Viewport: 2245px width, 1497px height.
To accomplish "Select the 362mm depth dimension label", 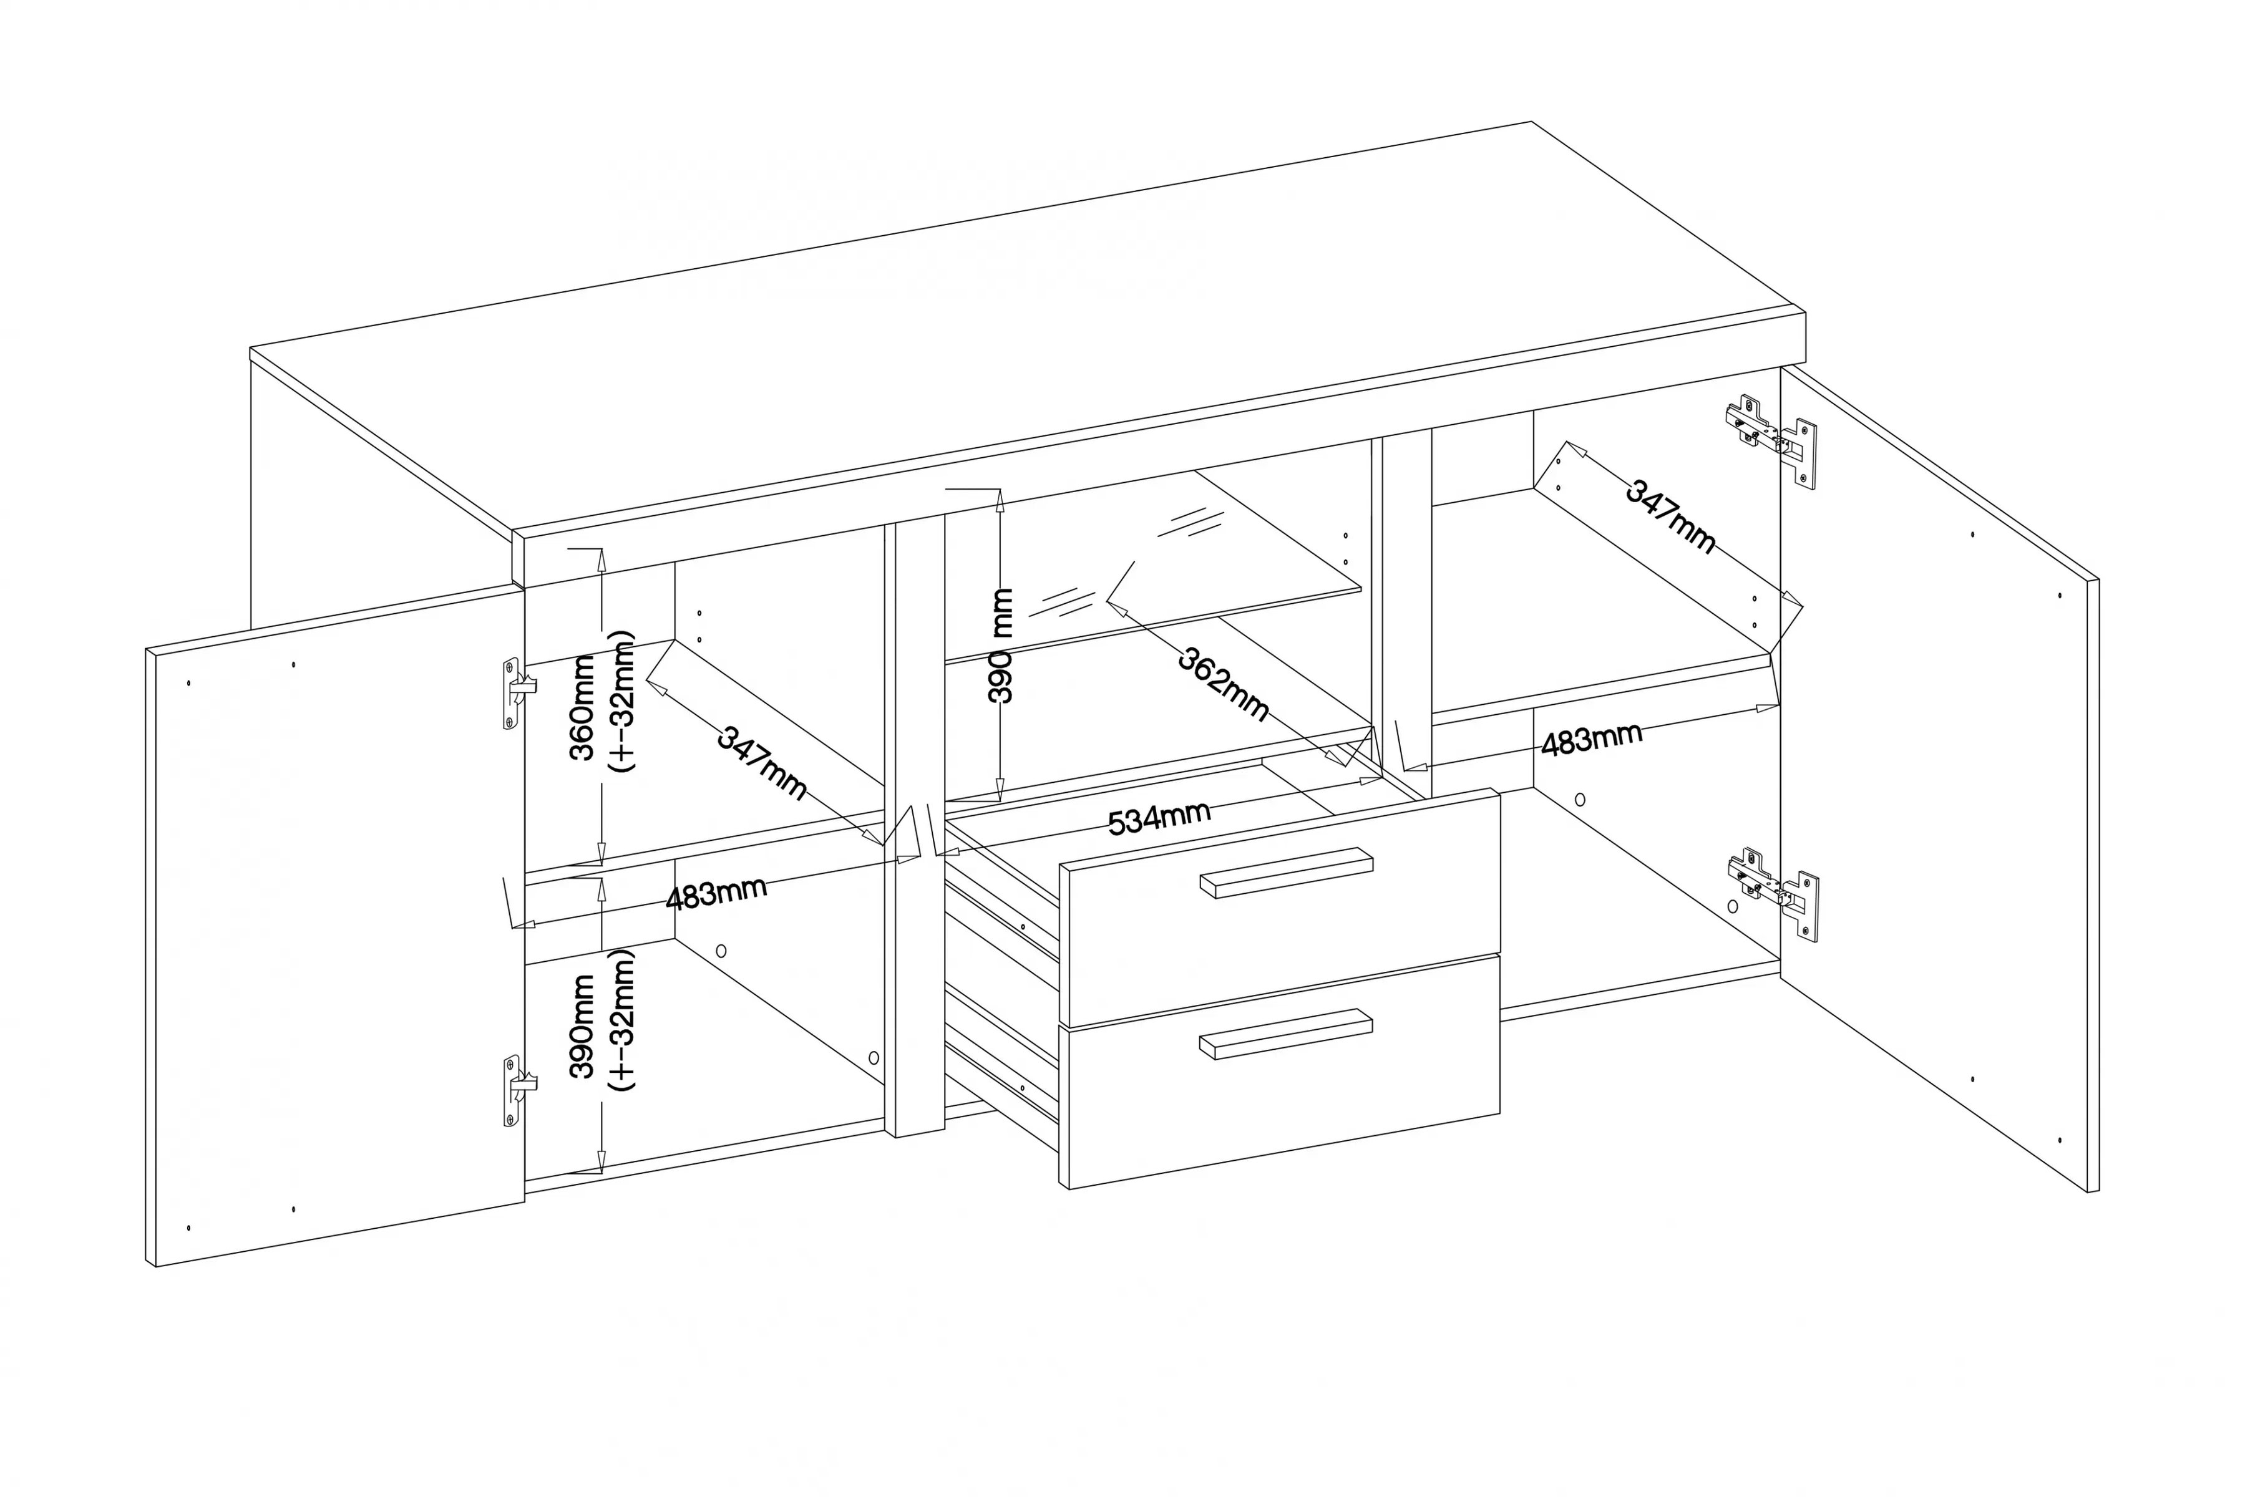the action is (x=1223, y=684).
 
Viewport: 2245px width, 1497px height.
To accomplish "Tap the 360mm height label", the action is (x=583, y=707).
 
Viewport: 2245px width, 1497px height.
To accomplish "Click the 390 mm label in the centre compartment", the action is (x=1000, y=646).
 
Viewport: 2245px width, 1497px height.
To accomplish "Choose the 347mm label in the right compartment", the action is (x=1671, y=516).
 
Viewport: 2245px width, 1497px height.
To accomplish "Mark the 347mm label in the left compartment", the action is (x=762, y=763).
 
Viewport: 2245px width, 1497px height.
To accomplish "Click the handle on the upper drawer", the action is (x=1286, y=871).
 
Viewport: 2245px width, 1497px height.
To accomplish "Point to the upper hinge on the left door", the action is (x=519, y=693).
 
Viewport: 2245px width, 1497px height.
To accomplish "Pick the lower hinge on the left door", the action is (x=519, y=1090).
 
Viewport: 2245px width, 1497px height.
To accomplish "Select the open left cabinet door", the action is (x=335, y=927).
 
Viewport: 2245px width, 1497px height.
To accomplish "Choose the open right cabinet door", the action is (x=1939, y=777).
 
